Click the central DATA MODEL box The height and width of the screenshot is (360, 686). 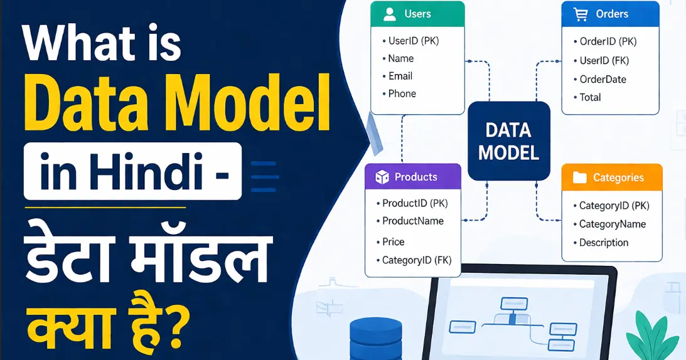click(x=508, y=141)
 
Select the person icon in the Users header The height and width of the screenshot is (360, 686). click(x=390, y=14)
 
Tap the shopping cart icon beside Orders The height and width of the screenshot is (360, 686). click(x=580, y=14)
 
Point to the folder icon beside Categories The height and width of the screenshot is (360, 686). click(x=579, y=177)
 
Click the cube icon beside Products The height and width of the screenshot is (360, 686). click(x=382, y=177)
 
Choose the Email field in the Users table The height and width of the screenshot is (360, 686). click(x=400, y=76)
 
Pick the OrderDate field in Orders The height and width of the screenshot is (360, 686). click(x=603, y=79)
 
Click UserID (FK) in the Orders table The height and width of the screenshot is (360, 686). click(x=604, y=61)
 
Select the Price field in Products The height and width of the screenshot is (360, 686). click(x=393, y=241)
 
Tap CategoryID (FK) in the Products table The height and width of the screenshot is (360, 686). click(x=416, y=260)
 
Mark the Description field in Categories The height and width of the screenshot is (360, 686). click(x=603, y=243)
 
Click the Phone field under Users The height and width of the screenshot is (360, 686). click(x=402, y=93)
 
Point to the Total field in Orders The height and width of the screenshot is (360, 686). click(x=590, y=97)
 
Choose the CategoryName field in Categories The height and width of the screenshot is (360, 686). click(x=612, y=224)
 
